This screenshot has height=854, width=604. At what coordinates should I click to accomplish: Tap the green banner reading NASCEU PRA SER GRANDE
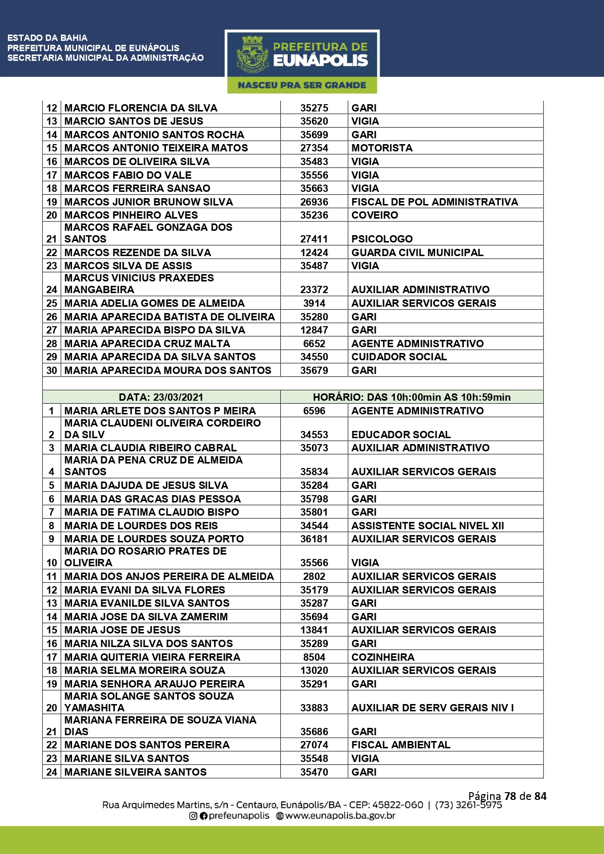click(302, 85)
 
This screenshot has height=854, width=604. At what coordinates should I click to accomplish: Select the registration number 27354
click(314, 148)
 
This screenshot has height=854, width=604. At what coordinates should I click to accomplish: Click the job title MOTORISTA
click(382, 148)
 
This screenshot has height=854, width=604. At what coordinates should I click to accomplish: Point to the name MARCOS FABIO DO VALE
click(128, 175)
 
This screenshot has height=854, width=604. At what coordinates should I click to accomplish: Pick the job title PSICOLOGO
click(382, 239)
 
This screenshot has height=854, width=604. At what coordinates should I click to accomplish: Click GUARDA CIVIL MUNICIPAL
click(417, 253)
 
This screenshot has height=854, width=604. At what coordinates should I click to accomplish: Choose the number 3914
click(314, 303)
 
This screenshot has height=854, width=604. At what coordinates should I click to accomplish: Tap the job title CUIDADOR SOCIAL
click(399, 357)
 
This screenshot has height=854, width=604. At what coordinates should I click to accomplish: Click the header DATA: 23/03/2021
click(161, 397)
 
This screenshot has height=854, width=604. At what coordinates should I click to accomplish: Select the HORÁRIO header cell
click(412, 397)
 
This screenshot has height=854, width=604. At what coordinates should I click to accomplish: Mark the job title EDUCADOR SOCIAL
click(401, 435)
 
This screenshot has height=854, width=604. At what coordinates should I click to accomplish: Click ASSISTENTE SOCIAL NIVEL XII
click(428, 526)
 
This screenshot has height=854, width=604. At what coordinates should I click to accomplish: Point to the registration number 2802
click(314, 576)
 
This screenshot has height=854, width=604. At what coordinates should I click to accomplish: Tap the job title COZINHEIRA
click(383, 657)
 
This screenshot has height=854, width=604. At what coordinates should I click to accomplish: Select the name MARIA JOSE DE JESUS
click(122, 630)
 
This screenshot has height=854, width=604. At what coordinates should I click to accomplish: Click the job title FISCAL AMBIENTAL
click(401, 745)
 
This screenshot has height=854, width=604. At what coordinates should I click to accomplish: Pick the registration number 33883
click(314, 708)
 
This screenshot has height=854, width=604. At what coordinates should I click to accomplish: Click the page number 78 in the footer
click(510, 796)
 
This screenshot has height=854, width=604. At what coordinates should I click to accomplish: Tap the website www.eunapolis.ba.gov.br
click(340, 816)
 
